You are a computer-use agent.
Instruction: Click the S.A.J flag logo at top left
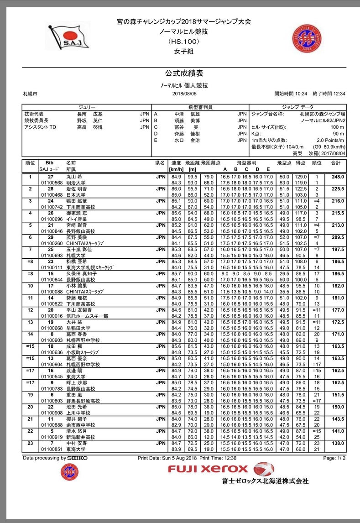(69, 36)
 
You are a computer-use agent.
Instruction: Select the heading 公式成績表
(184, 73)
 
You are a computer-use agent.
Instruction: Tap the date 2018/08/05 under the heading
(184, 94)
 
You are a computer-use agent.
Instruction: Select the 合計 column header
(336, 162)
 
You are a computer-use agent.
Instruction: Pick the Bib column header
(49, 162)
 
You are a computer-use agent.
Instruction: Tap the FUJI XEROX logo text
(208, 469)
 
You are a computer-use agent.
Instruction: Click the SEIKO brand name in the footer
(77, 457)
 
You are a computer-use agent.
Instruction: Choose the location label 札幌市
(30, 94)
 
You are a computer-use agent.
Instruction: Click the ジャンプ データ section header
(297, 107)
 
